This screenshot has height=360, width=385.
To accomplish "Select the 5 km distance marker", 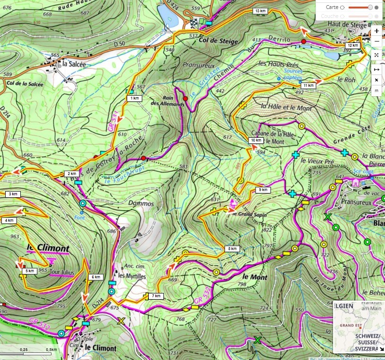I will coord(29,271).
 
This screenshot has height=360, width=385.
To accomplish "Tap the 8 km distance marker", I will coord(232,249).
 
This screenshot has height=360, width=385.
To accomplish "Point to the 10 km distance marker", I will coord(256,140).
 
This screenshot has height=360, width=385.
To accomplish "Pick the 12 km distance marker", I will coord(352,45).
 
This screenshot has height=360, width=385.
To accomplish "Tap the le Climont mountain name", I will coord(48,248).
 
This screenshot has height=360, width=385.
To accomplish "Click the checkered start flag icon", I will coord(195,21).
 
